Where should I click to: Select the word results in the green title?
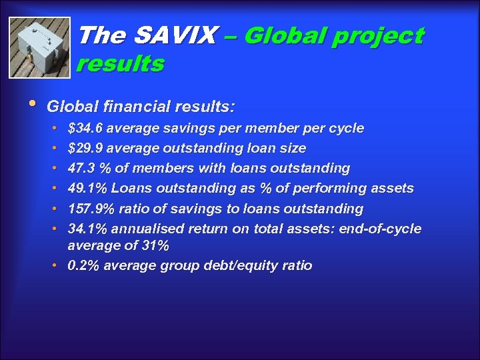point(120,64)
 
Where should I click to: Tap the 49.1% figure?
point(88,189)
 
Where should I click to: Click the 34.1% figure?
point(87,229)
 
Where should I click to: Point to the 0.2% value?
point(84,265)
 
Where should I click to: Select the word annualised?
point(147,229)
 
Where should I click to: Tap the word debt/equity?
point(241,265)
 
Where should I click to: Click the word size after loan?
point(293,148)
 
